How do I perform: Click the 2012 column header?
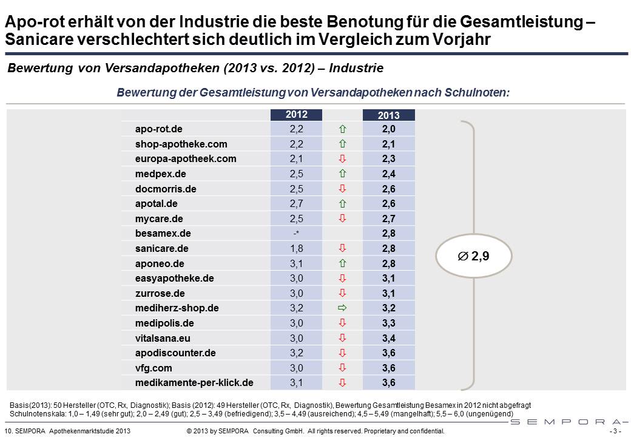296,114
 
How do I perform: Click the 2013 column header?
388,115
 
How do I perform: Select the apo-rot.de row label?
159,129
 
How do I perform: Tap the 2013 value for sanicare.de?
389,248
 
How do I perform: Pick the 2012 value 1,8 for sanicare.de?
296,248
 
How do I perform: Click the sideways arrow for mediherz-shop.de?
342,308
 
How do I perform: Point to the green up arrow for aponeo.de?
342,263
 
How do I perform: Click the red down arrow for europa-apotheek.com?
342,159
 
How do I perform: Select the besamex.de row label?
163,234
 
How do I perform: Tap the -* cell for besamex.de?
296,234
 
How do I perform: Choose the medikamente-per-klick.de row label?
194,383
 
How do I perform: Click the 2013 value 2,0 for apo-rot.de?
389,129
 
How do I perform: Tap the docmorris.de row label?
166,189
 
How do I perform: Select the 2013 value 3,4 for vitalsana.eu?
389,338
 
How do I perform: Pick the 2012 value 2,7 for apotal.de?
296,204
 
